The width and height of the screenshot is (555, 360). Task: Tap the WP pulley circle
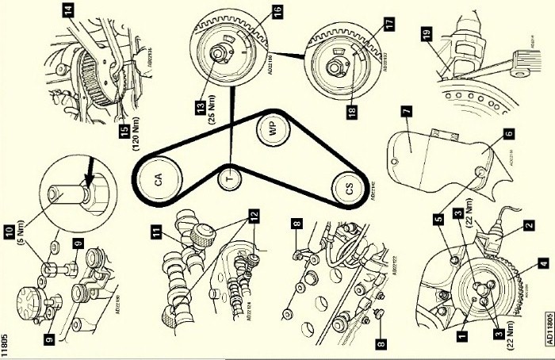[x=272, y=132]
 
